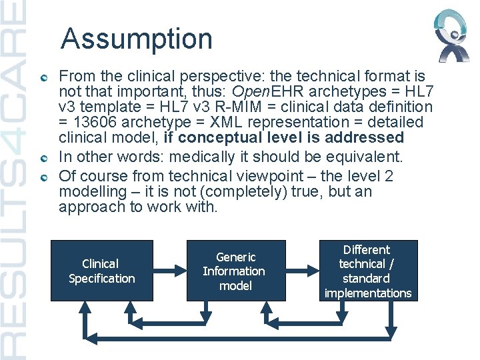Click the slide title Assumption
(136, 39)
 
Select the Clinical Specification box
(101, 271)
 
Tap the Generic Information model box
(233, 271)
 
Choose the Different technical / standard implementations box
(367, 271)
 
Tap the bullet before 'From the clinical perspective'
(43, 78)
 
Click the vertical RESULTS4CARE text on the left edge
(14, 180)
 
